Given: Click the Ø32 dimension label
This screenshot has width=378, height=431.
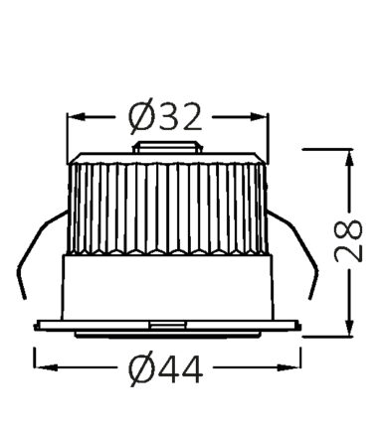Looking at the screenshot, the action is [165, 116].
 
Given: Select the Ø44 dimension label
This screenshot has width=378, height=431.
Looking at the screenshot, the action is [166, 368].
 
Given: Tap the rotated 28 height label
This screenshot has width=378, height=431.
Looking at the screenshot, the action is [348, 240].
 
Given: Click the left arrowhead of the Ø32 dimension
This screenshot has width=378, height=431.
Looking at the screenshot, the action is [77, 116].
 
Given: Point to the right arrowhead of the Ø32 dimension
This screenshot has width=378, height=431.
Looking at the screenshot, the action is [259, 116].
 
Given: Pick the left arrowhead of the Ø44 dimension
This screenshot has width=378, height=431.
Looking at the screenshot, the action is [45, 367].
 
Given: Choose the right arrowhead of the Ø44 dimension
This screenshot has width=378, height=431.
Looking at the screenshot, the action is [289, 367].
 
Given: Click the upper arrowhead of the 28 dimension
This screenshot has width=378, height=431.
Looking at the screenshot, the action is [349, 159].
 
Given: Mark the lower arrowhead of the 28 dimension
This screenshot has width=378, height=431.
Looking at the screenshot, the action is [349, 327].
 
